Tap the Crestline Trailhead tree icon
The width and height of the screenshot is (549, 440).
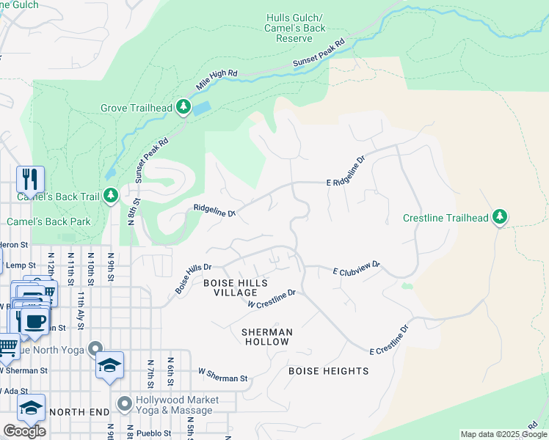coord(500,217)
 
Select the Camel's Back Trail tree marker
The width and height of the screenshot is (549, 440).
coord(111,196)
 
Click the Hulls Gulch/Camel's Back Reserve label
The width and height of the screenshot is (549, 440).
coord(294,27)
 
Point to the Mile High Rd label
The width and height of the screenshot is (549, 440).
coord(217,81)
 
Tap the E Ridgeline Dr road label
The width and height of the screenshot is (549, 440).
coord(346,171)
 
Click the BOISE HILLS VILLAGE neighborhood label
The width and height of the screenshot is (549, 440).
coord(236,287)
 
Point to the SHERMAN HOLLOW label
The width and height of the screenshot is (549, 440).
coord(267,337)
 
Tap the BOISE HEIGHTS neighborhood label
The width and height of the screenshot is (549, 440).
coord(328,371)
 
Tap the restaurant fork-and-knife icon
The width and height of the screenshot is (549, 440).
coord(30,179)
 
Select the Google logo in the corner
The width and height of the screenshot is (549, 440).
coord(24,430)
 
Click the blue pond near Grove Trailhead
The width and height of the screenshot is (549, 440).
coord(200,109)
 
